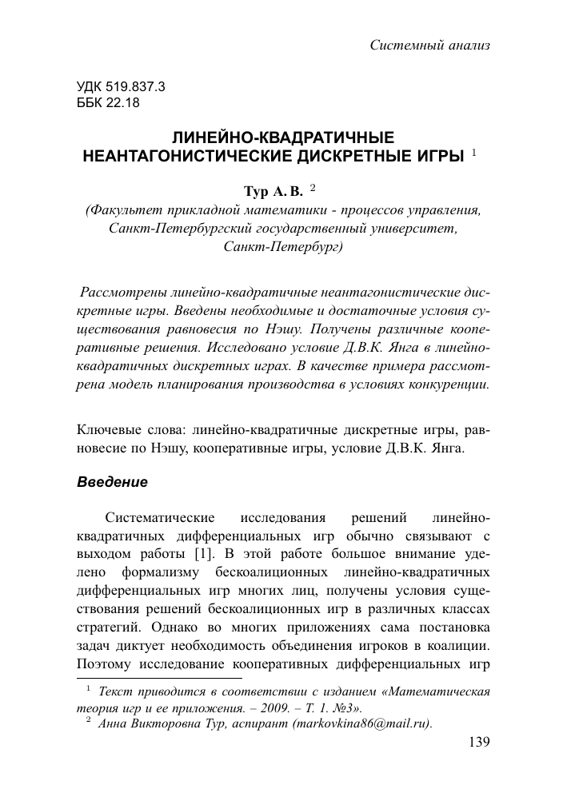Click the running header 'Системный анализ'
(x=430, y=45)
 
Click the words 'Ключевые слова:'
(x=122, y=429)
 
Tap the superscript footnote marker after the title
(x=474, y=151)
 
